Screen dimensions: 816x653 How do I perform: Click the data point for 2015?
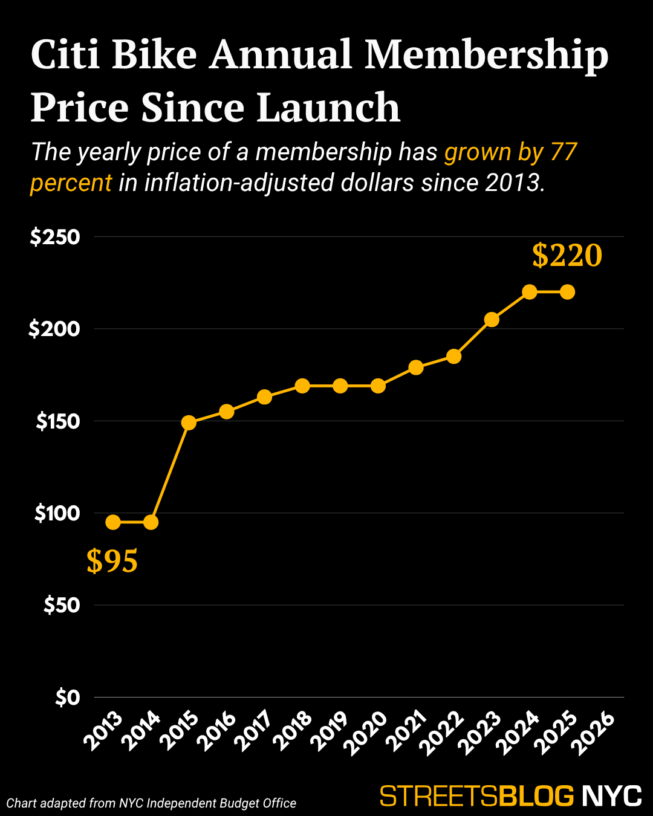[x=189, y=423]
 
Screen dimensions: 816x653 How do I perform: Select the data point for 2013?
[x=113, y=522]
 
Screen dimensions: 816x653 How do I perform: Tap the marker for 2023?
[x=492, y=320]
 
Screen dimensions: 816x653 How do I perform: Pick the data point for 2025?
[x=567, y=292]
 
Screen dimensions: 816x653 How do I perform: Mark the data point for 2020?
[x=378, y=386]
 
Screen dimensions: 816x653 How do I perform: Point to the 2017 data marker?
[x=264, y=397]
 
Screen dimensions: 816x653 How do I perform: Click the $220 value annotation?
[x=567, y=256]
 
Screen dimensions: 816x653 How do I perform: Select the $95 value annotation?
[x=112, y=562]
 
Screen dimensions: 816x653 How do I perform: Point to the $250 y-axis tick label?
[x=55, y=237]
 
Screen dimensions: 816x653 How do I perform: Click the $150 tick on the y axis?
[x=58, y=421]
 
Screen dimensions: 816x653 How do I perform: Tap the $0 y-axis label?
[x=68, y=698]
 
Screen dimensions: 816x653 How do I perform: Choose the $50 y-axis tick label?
[x=62, y=605]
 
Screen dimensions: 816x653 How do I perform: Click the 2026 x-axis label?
[x=594, y=733]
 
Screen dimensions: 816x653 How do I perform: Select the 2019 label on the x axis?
[x=330, y=733]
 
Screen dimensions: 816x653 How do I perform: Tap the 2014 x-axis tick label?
[x=141, y=733]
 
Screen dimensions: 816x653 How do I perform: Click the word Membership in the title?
[x=487, y=56]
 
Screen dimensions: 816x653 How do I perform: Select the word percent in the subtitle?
[x=71, y=183]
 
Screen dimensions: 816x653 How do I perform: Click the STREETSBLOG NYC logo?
[x=510, y=796]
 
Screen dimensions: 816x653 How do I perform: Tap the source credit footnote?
[x=151, y=803]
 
